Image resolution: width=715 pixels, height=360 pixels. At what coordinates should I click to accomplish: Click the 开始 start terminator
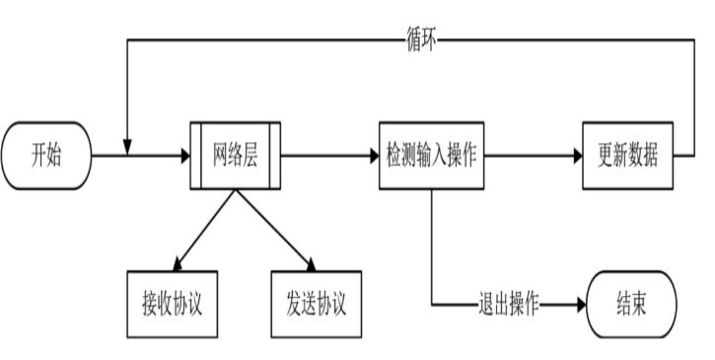pos(46,156)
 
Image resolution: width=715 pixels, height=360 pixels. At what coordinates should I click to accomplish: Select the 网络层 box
pos(236,156)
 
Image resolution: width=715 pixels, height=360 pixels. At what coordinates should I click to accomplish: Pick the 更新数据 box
pos(627,156)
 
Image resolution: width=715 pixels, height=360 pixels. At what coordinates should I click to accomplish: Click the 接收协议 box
pos(172,300)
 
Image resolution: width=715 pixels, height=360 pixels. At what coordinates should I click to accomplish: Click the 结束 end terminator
pos(631,300)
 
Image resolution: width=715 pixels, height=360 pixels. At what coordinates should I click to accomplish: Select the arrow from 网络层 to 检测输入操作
pos(330,156)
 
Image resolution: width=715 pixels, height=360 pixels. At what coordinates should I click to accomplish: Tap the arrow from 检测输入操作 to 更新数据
pos(533,156)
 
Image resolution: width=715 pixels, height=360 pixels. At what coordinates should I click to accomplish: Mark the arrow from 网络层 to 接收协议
pos(203,230)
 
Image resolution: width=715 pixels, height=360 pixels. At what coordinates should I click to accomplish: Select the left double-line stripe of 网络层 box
pos(196,156)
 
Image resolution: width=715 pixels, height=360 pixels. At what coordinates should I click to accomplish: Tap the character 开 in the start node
pos(38,156)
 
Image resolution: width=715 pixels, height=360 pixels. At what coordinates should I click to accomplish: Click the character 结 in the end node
pos(623,300)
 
